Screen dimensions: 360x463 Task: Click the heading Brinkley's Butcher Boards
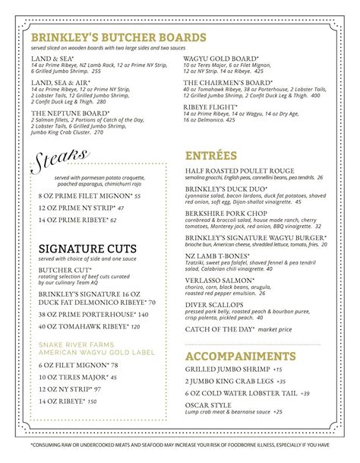click(117, 37)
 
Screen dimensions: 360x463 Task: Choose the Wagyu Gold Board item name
click(220, 59)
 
